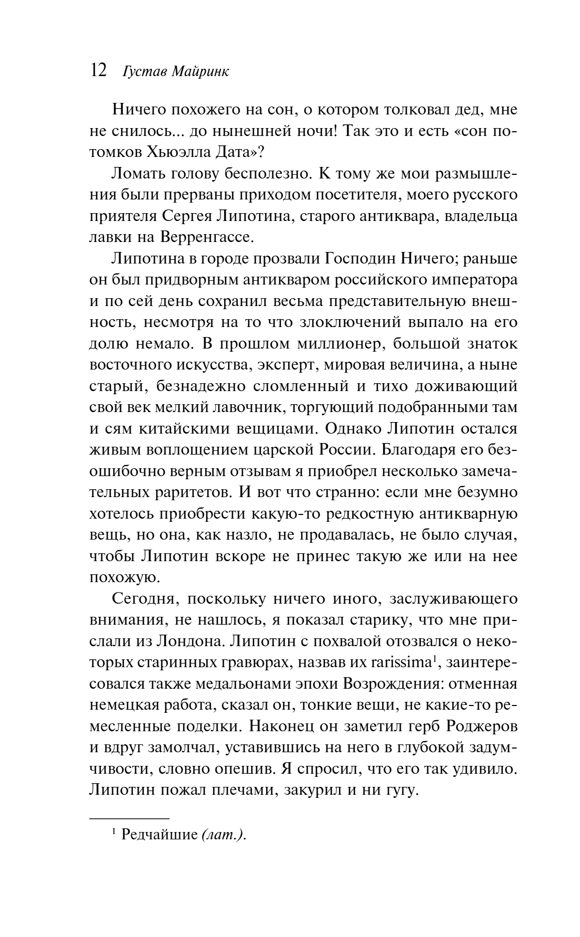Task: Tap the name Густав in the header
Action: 144,72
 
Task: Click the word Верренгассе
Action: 205,237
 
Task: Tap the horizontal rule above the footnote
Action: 130,818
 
